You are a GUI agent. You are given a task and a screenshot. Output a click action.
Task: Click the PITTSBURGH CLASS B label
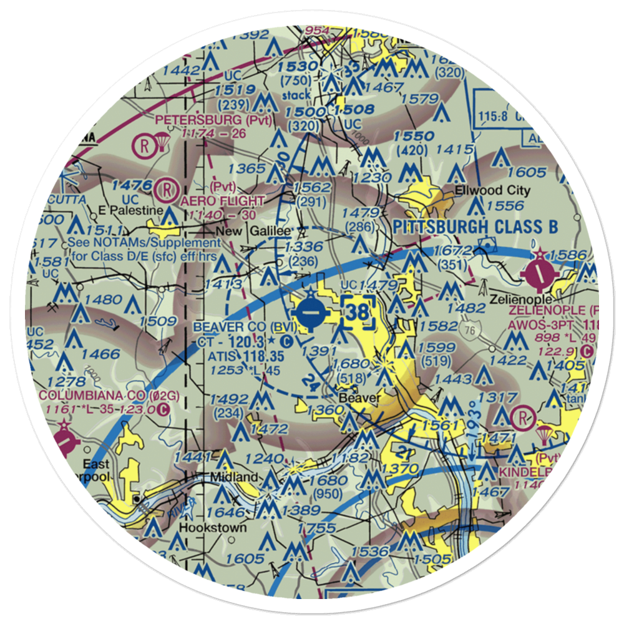475,227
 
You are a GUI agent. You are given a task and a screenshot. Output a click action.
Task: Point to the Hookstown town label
212,527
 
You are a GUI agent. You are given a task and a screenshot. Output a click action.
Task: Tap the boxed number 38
359,314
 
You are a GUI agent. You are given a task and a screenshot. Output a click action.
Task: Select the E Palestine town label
129,210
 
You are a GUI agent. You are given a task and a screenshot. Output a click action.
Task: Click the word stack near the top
296,95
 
